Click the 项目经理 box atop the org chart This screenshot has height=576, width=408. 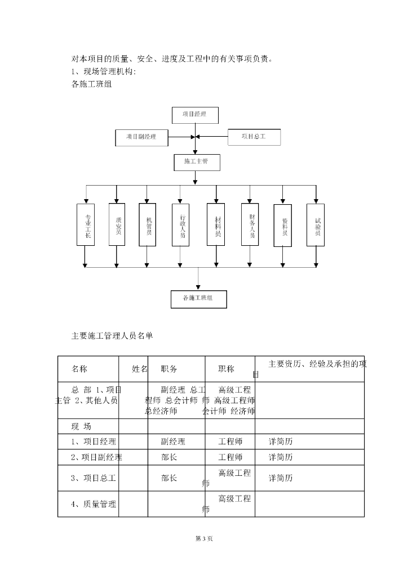tap(194, 114)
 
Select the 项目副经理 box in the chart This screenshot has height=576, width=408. tap(141, 137)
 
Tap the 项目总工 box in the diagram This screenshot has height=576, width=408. tap(254, 137)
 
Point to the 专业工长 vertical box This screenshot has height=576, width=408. tap(87, 224)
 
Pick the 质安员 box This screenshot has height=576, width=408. tap(117, 224)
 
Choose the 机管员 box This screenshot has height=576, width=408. tap(147, 224)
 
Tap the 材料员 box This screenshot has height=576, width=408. tap(217, 224)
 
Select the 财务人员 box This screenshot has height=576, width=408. tap(250, 224)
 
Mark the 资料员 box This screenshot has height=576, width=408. tap(283, 224)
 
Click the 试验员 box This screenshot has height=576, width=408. tap(316, 224)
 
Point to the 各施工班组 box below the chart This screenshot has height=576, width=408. tap(198, 299)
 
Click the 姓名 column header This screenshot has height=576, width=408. tap(140, 369)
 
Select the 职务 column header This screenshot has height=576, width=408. tap(169, 369)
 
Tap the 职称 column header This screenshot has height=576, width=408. tap(227, 369)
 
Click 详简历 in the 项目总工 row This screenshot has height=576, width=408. tap(281, 478)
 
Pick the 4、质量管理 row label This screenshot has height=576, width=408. tap(94, 504)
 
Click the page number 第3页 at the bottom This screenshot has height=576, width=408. tap(203, 539)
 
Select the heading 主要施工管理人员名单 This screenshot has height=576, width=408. tap(112, 336)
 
